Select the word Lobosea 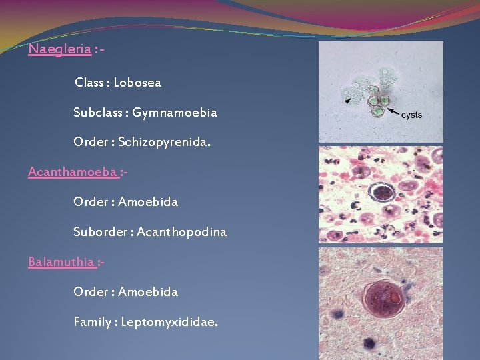point(137,83)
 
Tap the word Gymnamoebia point(175,113)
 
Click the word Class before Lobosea point(89,83)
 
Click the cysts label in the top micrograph point(411,115)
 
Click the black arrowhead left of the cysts point(348,100)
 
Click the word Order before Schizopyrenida point(90,142)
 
